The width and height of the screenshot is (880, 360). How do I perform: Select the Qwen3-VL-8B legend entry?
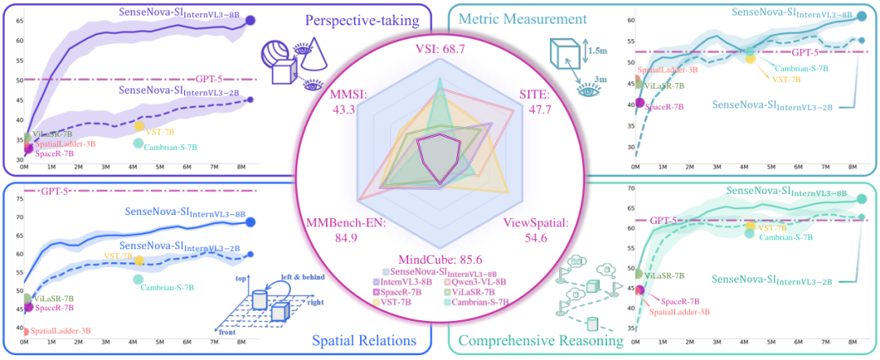click(479, 281)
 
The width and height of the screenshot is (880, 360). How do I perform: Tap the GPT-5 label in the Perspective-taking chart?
click(209, 80)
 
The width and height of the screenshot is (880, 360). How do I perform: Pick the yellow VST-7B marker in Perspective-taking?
click(139, 126)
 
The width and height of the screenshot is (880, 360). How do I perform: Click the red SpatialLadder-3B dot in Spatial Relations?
click(27, 331)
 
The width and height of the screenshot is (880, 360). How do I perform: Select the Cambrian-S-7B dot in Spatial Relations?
click(139, 279)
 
